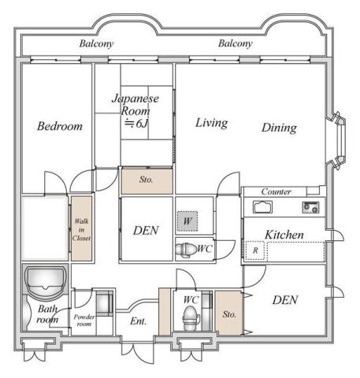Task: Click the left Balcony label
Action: (x=96, y=44)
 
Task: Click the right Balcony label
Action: (x=236, y=44)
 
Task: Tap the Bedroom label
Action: (x=59, y=126)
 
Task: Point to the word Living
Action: (x=211, y=123)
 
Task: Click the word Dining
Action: (x=279, y=128)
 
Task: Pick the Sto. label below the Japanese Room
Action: (x=146, y=180)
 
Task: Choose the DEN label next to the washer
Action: (x=146, y=231)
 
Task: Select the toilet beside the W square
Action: (x=187, y=249)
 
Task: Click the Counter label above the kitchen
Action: (x=276, y=191)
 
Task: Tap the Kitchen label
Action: (x=284, y=235)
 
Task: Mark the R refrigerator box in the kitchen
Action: (x=255, y=250)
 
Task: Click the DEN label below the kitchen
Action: (x=285, y=299)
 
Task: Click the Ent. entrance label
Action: (x=138, y=321)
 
